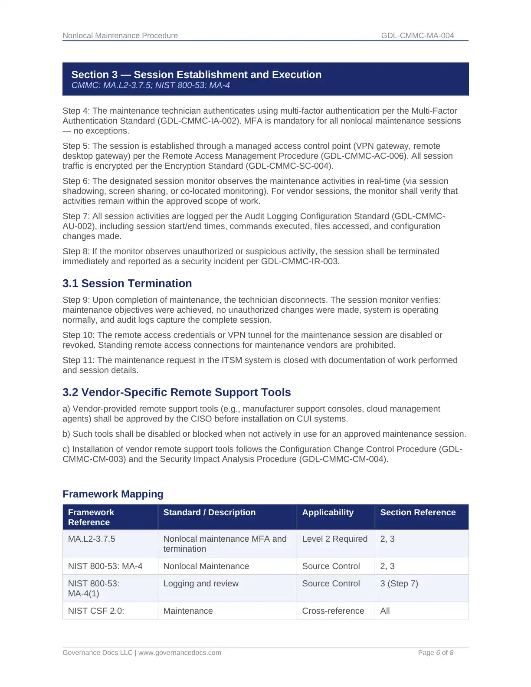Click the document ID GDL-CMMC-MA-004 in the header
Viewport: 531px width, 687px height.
point(417,36)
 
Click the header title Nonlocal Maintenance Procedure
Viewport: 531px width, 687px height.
point(120,36)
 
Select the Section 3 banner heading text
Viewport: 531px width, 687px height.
point(196,75)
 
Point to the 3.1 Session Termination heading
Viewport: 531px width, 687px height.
point(127,283)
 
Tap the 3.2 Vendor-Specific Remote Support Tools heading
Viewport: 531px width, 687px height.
point(177,392)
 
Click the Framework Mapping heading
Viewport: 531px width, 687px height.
point(113,494)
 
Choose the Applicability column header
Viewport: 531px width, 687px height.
point(328,512)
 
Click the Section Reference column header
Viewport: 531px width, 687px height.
point(418,512)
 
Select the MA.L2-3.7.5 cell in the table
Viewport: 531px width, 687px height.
point(92,539)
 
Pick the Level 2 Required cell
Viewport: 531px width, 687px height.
point(334,539)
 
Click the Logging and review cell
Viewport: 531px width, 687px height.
point(201,583)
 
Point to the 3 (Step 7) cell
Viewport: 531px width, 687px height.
point(399,583)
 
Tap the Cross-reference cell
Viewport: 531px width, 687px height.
point(333,611)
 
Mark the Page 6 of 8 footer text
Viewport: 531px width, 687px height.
point(436,653)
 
